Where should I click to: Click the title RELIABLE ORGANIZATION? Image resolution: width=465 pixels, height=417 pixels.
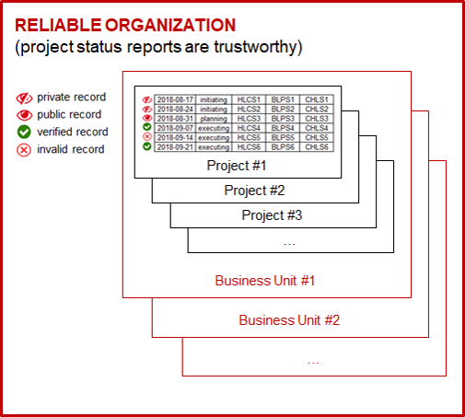point(125,25)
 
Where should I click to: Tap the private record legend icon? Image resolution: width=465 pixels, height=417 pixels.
point(24,98)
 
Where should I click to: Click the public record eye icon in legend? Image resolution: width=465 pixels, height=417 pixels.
point(24,115)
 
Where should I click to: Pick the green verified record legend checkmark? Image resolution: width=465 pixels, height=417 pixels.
point(24,132)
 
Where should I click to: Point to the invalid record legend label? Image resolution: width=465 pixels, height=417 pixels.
point(71,149)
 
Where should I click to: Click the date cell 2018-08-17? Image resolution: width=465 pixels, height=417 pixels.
point(175,99)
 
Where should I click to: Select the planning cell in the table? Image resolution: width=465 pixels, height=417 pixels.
point(214,119)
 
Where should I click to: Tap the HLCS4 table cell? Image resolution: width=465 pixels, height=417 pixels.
point(249,128)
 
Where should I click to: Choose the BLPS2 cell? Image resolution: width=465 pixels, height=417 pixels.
point(283,110)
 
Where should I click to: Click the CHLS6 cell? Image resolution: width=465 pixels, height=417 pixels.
point(317,147)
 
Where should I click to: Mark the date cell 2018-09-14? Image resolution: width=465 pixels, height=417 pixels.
point(175,137)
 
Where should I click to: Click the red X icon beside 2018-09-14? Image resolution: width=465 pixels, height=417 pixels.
point(147,137)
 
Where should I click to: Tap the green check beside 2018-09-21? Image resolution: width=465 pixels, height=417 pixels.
point(147,146)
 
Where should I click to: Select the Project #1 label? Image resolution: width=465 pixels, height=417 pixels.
point(237,166)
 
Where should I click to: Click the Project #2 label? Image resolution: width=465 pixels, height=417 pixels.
point(254,191)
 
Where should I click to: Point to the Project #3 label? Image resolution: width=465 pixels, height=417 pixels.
point(272,215)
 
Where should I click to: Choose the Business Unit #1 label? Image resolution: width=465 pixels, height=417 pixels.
point(265,281)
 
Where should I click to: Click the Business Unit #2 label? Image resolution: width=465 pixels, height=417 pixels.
point(289,320)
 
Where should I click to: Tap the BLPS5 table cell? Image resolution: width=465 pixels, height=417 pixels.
point(283,137)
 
